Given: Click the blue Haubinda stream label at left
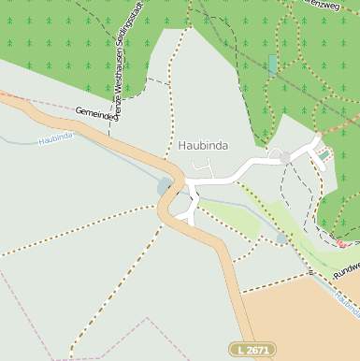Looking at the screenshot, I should (56, 139).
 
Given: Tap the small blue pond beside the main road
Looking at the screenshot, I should (166, 185).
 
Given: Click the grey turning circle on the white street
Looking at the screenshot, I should (284, 159).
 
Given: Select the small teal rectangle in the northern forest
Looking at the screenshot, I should (273, 65).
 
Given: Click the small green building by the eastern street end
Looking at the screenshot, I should (324, 154).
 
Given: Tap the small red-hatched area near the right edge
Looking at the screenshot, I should (342, 241).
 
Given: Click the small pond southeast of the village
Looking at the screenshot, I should (282, 238).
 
